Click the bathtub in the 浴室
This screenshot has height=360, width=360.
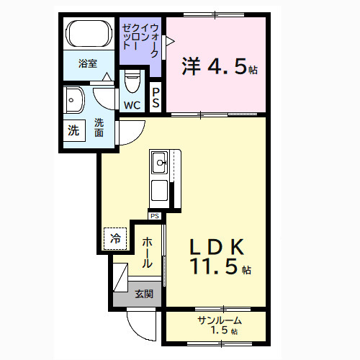pyautogui.click(x=88, y=34)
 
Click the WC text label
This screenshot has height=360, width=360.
pyautogui.click(x=132, y=105)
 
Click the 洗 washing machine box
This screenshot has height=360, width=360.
pyautogui.click(x=73, y=131)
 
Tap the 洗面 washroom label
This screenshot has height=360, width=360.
pyautogui.click(x=99, y=127)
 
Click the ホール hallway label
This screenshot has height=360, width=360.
pyautogui.click(x=147, y=253)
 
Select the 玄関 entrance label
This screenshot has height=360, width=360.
pyautogui.click(x=143, y=294)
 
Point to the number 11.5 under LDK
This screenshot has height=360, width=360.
pyautogui.click(x=215, y=269)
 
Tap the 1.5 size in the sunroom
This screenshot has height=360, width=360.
pyautogui.click(x=220, y=330)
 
